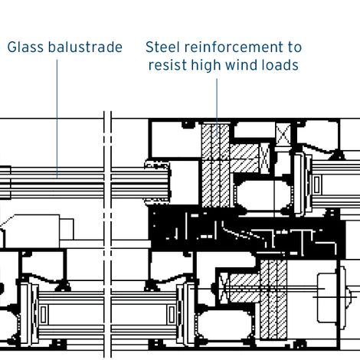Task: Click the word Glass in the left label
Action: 25,47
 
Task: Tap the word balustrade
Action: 84,47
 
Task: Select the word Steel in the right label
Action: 162,47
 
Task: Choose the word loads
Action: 280,65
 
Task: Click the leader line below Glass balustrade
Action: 57,115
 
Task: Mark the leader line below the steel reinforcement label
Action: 216,100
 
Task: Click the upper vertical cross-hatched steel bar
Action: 213,165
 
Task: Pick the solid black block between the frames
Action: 230,230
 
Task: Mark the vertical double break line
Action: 108,230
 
